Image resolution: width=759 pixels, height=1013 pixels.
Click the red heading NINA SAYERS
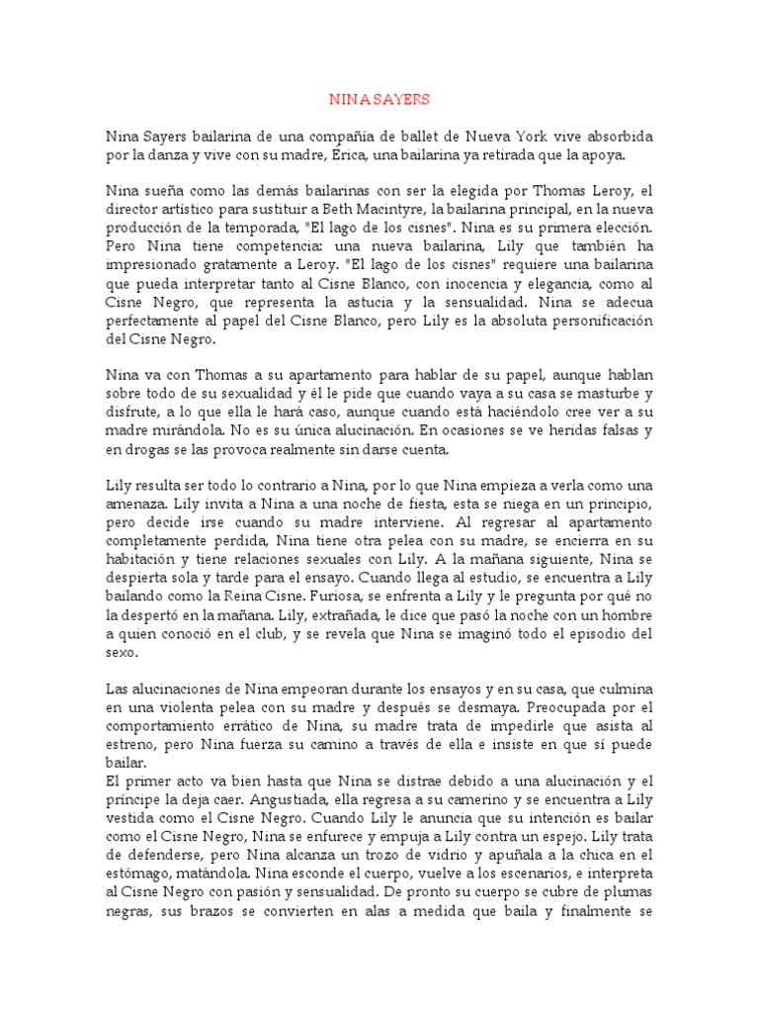(379, 100)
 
